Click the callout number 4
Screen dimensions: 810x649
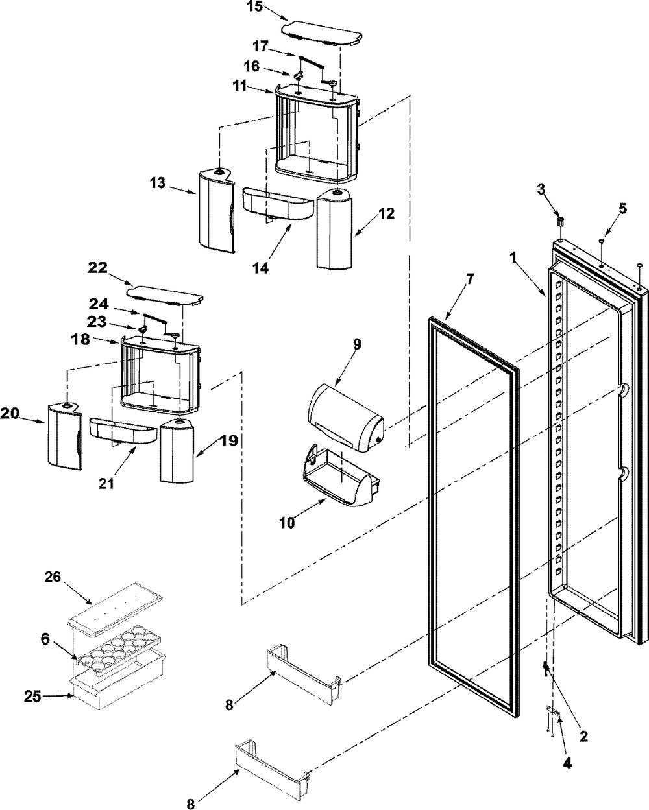coord(567,763)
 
